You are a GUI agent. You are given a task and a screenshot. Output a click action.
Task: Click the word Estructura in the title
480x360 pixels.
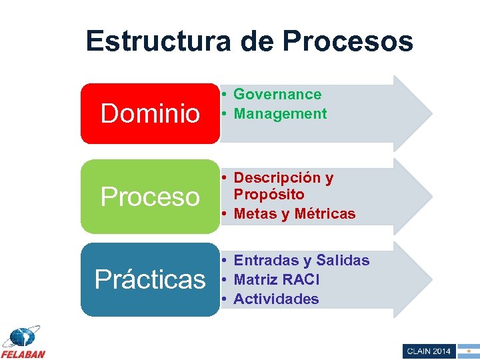pos(157,41)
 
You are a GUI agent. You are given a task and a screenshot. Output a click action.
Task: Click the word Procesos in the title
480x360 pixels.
pos(347,41)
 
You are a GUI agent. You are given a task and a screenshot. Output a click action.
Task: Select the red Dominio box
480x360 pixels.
pos(150,113)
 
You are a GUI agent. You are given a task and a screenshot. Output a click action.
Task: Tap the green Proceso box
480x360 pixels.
pos(150,196)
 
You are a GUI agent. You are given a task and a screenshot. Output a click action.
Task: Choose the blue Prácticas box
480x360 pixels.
pos(150,279)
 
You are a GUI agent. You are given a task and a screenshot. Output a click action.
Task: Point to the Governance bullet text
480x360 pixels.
pos(277,95)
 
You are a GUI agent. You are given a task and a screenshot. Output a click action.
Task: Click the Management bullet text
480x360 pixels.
pos(280,114)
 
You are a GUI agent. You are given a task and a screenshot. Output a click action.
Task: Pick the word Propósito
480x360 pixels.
pos(269,195)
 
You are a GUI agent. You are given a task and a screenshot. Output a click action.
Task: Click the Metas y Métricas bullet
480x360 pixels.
pos(295,214)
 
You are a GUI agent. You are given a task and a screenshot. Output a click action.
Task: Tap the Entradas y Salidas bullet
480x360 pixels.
pos(301,261)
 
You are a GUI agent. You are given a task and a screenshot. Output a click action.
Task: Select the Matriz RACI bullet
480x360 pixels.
pos(277,279)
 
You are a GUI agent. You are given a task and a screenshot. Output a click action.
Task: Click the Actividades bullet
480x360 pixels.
pos(276,299)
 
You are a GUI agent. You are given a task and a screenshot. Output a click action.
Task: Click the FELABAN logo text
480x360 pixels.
pos(23,353)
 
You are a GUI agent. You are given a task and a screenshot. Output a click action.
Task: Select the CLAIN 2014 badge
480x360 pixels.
pos(429,351)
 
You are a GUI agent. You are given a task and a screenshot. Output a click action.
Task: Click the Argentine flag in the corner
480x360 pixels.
pos(468,351)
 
